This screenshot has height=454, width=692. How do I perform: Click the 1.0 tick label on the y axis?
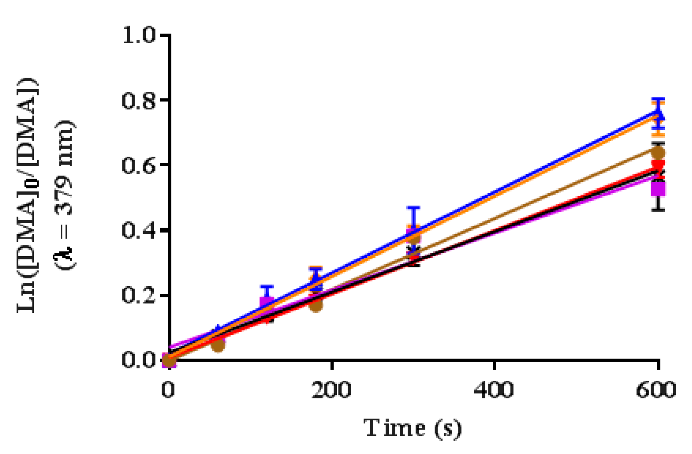tap(139, 35)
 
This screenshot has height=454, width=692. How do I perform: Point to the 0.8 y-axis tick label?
tap(139, 100)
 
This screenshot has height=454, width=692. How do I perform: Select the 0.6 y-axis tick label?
tap(139, 165)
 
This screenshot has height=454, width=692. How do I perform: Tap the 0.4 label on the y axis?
tap(139, 230)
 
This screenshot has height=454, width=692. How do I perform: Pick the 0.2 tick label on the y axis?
tap(139, 295)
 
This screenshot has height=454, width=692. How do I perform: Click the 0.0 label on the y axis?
tap(139, 360)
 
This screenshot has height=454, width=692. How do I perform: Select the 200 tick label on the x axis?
tap(331, 390)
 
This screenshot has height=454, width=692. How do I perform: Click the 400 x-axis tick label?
tap(494, 390)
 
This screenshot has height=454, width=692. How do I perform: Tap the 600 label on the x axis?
tap(656, 390)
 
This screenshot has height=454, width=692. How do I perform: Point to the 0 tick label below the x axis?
tap(168, 390)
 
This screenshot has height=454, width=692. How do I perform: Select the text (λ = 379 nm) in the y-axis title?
tap(64, 195)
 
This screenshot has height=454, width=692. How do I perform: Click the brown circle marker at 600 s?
tap(658, 152)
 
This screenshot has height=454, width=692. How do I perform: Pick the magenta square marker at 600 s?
tap(658, 188)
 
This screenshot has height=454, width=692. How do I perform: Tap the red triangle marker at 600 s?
tap(658, 165)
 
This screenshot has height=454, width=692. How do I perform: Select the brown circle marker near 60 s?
tap(218, 345)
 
